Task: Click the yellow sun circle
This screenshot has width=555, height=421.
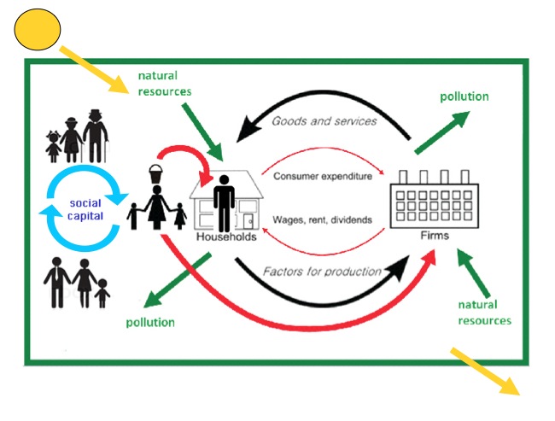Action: click(38, 29)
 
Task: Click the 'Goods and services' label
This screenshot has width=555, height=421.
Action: click(324, 120)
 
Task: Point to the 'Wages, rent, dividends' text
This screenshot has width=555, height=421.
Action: click(322, 219)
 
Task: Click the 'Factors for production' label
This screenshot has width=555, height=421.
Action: click(323, 272)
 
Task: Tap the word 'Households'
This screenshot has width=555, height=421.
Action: click(226, 237)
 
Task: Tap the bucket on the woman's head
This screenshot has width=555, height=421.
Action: click(155, 174)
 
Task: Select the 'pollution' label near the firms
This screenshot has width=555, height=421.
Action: click(464, 96)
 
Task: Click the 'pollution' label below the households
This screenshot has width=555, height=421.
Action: click(150, 322)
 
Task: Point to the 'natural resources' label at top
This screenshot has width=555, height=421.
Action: click(164, 84)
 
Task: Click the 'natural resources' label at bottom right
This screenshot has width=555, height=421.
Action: click(484, 313)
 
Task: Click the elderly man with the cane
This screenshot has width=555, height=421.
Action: click(97, 137)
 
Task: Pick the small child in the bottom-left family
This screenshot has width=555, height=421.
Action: click(102, 294)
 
